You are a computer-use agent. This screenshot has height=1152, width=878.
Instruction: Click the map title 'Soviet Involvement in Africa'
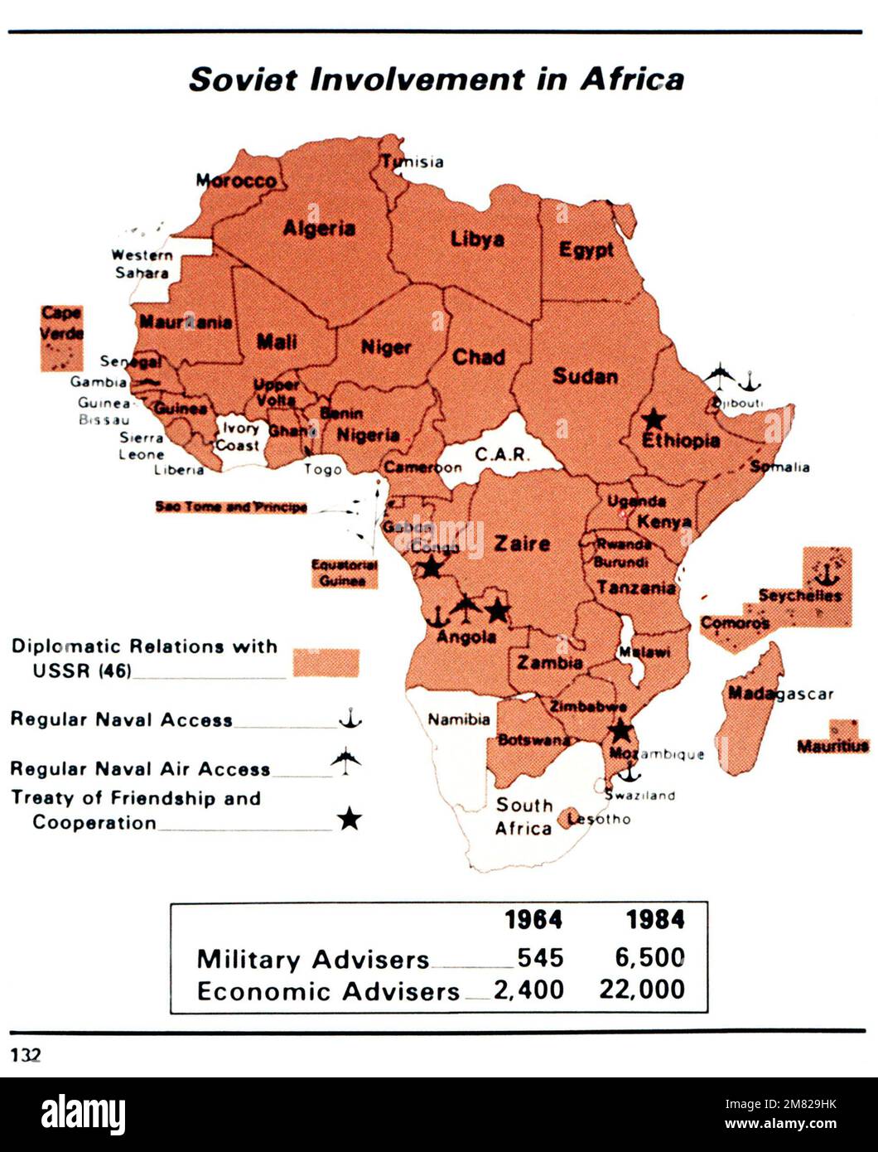[437, 80]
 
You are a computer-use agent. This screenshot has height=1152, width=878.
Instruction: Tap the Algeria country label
[319, 228]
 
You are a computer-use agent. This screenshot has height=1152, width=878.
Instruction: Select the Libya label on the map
[477, 240]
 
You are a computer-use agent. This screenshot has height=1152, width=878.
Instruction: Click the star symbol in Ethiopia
[654, 419]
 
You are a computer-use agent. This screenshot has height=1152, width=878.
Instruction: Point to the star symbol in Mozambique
[620, 731]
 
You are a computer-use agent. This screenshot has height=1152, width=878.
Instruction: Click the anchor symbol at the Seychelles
[823, 573]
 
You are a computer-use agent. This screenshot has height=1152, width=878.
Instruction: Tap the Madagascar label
[779, 693]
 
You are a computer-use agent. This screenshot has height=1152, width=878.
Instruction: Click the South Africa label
[523, 816]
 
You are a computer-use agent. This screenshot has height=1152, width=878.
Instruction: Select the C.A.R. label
[497, 454]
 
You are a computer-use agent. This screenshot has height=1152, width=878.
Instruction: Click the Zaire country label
[522, 544]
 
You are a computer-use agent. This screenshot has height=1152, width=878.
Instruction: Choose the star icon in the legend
[350, 820]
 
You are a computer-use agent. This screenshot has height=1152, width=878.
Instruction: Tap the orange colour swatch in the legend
[326, 662]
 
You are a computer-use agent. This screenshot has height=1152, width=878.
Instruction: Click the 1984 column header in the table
[654, 920]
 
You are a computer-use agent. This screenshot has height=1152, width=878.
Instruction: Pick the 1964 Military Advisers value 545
[540, 958]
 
